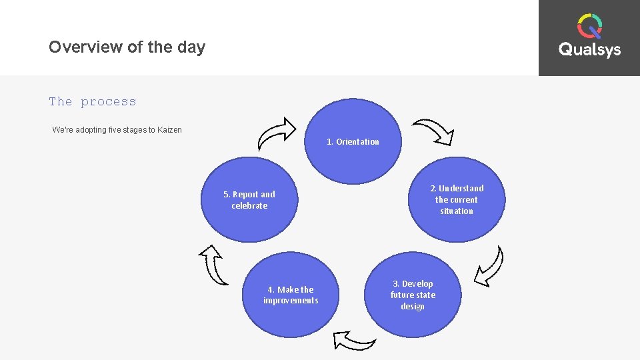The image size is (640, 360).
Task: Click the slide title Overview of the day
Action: pyautogui.click(x=127, y=47)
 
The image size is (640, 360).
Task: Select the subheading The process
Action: pyautogui.click(x=92, y=102)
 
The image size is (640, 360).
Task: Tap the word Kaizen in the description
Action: pyautogui.click(x=169, y=130)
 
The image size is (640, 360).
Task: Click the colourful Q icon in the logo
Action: pyautogui.click(x=589, y=26)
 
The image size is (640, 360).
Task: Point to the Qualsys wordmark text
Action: pyautogui.click(x=589, y=50)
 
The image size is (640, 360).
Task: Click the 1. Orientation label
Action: pyautogui.click(x=353, y=141)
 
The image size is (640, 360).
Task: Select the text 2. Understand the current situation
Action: pyautogui.click(x=457, y=199)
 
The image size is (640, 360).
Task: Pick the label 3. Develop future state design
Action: pyautogui.click(x=413, y=295)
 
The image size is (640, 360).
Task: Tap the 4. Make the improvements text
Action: pyautogui.click(x=291, y=295)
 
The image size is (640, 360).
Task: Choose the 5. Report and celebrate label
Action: pyautogui.click(x=249, y=200)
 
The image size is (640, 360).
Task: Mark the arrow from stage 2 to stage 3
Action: pyautogui.click(x=490, y=265)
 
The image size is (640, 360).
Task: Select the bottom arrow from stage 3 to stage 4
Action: pyautogui.click(x=354, y=340)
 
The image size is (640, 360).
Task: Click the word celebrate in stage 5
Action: pyautogui.click(x=249, y=206)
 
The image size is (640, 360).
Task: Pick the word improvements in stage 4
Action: pyautogui.click(x=291, y=301)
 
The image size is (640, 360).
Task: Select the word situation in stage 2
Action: pyautogui.click(x=457, y=211)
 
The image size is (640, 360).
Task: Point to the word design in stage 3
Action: pyautogui.click(x=413, y=307)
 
